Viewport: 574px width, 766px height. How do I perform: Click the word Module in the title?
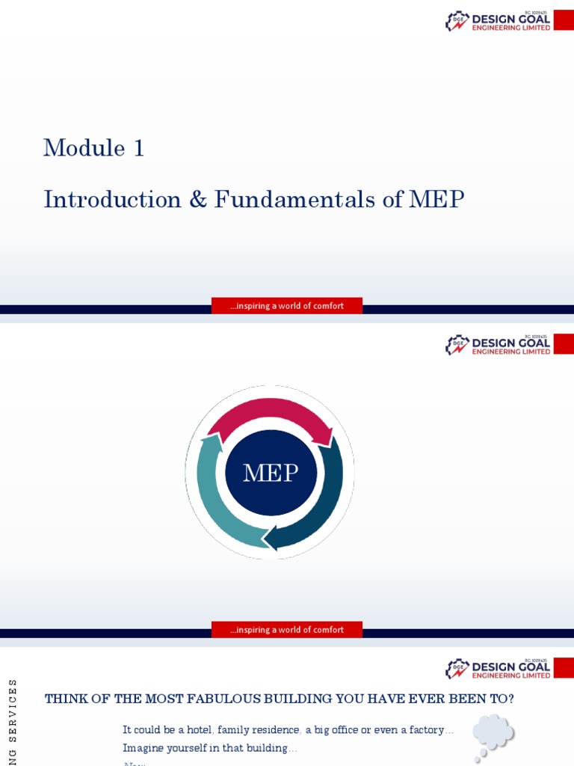point(84,148)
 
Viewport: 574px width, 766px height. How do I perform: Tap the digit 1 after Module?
point(138,148)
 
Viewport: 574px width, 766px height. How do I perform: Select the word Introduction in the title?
point(112,199)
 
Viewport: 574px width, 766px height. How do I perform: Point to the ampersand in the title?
point(197,200)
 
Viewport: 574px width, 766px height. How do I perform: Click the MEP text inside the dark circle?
point(271,473)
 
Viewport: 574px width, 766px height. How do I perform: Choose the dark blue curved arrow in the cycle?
point(318,509)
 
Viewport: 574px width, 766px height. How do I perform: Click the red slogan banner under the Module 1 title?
point(287,306)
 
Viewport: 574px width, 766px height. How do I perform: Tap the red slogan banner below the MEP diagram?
point(287,630)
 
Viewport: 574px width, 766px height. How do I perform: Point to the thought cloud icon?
point(494,732)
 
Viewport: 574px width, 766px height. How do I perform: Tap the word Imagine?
point(144,748)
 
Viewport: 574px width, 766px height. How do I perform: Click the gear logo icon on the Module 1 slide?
point(457,21)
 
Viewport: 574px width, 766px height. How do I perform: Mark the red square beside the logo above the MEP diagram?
point(564,344)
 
